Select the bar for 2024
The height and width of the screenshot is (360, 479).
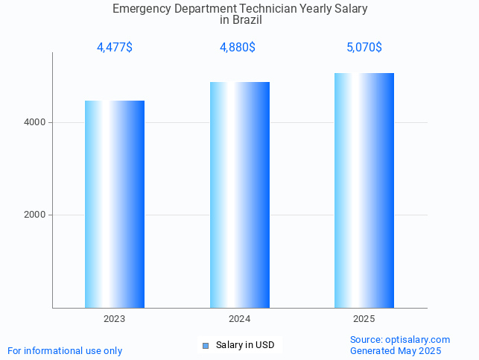[239, 195]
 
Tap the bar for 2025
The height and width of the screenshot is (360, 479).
[364, 190]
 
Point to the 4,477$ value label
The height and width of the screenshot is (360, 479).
[115, 48]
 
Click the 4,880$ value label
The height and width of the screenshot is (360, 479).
[238, 48]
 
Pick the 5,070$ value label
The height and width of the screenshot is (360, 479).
[364, 48]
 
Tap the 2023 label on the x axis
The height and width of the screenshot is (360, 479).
[114, 319]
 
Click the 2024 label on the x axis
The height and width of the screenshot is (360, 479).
[239, 319]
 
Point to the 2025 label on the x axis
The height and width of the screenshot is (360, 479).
[364, 319]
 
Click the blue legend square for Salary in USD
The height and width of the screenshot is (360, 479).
[206, 345]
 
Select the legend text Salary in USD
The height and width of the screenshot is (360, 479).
[245, 345]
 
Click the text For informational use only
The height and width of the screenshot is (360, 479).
[65, 350]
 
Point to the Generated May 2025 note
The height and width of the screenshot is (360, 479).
[396, 350]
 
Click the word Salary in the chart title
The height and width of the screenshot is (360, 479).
[351, 9]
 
